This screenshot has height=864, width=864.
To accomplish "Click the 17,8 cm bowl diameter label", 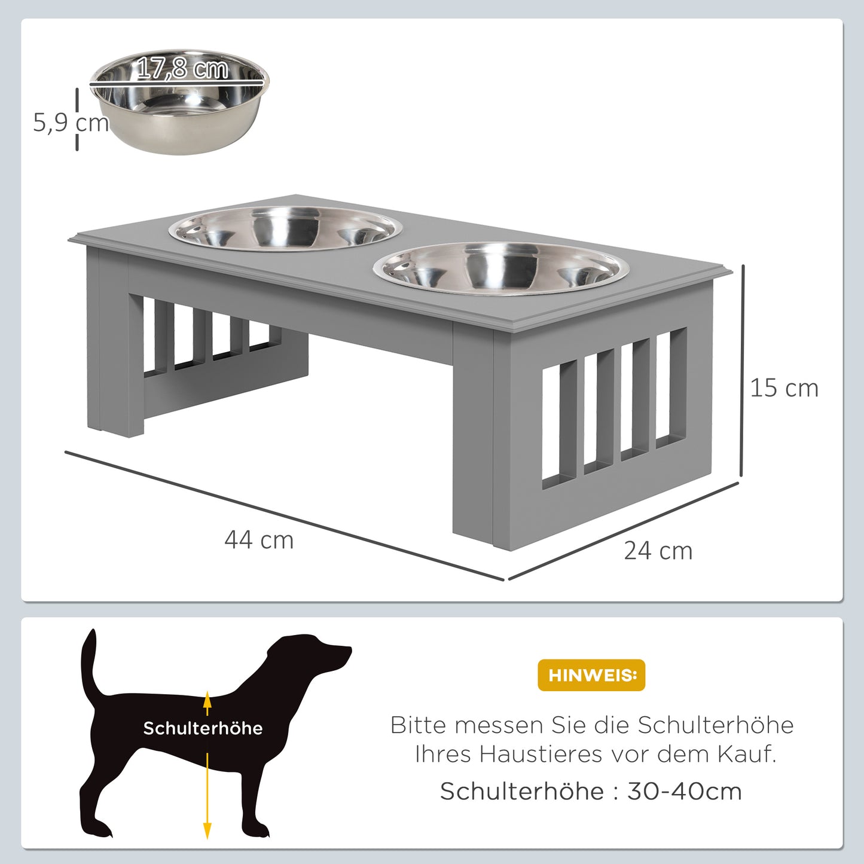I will [x=182, y=68].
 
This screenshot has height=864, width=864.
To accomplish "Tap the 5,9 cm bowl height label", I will [x=71, y=123].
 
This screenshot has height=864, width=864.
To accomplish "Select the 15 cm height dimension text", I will [x=784, y=388].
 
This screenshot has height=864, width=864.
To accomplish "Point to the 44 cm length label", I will [x=259, y=540].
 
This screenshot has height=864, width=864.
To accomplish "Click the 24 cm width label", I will [x=658, y=551].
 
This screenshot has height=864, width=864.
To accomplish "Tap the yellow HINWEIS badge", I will [x=591, y=675].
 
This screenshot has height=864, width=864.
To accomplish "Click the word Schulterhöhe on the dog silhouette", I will [x=203, y=728].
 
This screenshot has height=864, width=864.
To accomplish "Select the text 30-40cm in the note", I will [x=684, y=791].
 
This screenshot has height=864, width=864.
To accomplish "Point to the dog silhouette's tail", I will [x=90, y=664].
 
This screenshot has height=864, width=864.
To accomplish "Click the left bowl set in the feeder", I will [x=285, y=228].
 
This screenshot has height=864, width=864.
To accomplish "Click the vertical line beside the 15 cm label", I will [x=742, y=371].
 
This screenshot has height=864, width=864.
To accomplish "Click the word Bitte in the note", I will [x=418, y=725].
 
